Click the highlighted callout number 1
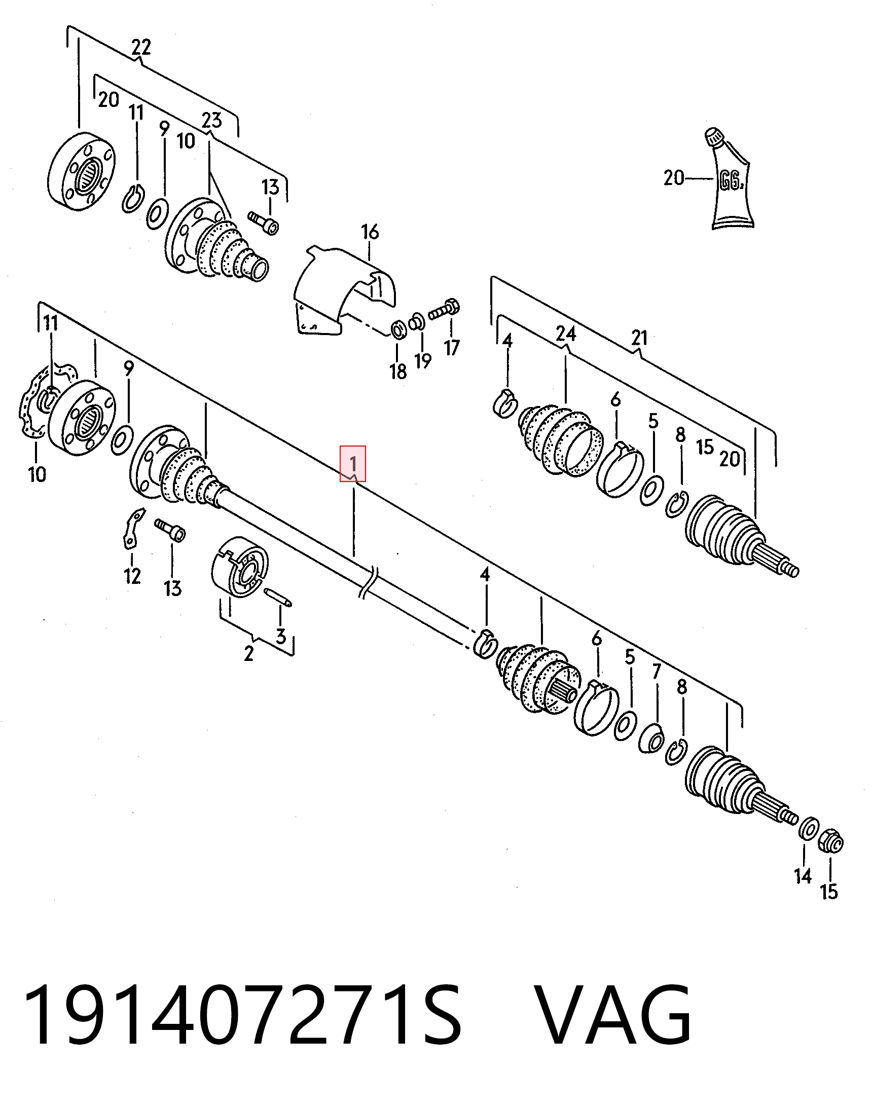point(353,463)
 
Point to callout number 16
point(370,232)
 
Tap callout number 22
point(141,47)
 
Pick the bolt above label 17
point(445,310)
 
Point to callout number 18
point(397,371)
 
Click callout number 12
point(132,576)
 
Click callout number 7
point(657,672)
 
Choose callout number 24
point(566,334)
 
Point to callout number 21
point(639,338)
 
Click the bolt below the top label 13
point(264,223)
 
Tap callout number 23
point(211,121)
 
